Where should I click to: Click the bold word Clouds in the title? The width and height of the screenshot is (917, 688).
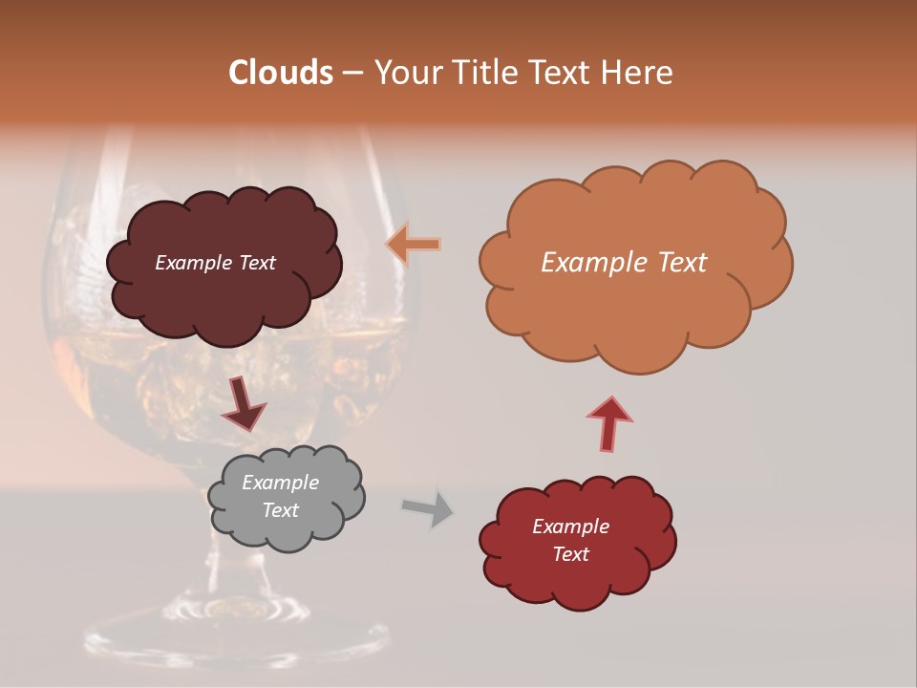pos(280,73)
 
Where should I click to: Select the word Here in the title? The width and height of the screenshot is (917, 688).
pos(640,73)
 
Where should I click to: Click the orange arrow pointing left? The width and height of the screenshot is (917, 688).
pos(414,245)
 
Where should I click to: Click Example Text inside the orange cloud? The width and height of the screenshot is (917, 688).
pos(624,263)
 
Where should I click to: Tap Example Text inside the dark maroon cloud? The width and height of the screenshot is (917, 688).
pos(215,263)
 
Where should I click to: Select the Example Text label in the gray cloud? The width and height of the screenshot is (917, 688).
pos(281,497)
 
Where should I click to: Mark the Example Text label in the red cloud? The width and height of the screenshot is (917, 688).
pos(570,540)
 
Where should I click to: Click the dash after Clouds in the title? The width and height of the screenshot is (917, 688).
pos(352,73)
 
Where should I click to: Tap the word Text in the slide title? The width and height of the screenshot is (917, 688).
pos(559,73)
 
